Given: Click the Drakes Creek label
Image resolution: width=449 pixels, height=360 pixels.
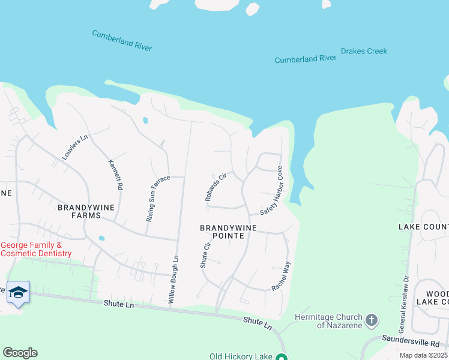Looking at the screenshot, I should point(364,52).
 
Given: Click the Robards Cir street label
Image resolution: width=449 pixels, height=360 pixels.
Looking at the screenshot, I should point(215,187).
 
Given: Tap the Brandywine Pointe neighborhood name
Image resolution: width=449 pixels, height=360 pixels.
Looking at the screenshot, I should point(229,232).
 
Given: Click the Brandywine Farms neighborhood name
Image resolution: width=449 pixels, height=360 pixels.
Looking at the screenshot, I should point(82,211).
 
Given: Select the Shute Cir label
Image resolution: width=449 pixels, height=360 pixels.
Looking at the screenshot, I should point(205,254).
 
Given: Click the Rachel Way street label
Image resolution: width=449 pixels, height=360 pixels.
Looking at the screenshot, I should point(281,276).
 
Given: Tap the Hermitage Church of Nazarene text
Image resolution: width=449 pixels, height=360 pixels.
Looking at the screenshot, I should point(329,321).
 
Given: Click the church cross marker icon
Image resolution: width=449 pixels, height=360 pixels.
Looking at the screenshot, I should point(372,320).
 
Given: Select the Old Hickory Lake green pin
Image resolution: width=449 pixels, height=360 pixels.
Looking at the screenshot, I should point(281,356).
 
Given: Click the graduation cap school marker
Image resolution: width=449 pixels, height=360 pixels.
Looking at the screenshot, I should point(18,292).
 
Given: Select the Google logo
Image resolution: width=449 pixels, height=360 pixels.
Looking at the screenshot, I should point(20,353).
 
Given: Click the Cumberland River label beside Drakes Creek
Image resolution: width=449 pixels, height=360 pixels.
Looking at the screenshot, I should point(306,59).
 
